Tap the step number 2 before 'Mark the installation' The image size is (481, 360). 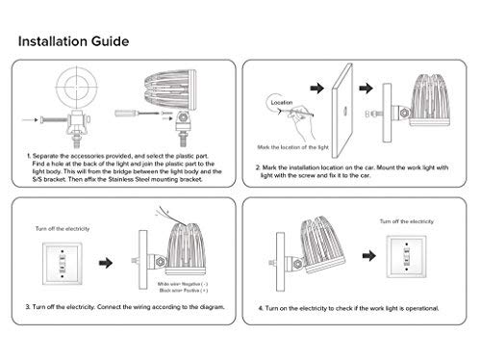[259, 167]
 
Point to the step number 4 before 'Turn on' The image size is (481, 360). [261, 307]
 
